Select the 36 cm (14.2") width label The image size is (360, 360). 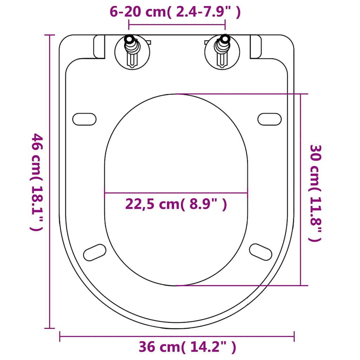187,348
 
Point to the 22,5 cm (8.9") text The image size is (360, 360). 176,204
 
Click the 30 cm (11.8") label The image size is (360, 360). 315,193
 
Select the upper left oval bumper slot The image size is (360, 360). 84,119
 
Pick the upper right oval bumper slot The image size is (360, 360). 270,119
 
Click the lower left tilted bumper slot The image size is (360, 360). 95,252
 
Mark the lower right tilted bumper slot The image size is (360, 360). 261,251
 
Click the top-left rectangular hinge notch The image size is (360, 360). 99,47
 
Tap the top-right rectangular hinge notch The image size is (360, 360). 256,47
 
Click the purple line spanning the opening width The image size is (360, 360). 176,193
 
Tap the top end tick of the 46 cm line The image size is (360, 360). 50,35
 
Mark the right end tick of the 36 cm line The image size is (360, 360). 294,336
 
